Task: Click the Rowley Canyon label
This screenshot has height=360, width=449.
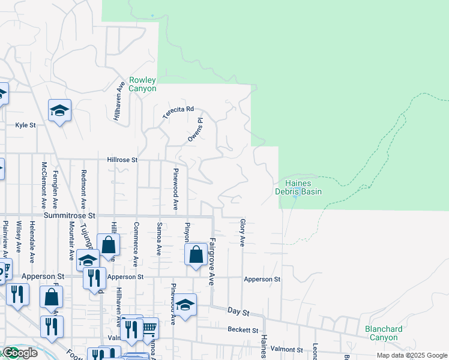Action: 142,85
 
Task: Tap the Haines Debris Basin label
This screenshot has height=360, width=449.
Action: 298,187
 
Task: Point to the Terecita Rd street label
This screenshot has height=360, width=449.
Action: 178,113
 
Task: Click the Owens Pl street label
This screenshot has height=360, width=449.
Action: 196,130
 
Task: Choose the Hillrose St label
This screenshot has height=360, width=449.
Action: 122,160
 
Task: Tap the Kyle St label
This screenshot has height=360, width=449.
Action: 26,125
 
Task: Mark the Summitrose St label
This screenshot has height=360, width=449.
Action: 69,215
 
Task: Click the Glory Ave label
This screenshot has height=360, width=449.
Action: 243,232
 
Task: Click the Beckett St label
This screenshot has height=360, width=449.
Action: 243,330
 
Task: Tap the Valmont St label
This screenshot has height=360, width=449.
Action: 286,349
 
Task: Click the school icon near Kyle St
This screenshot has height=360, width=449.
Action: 60,111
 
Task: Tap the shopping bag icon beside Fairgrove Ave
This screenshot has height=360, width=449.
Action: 196,255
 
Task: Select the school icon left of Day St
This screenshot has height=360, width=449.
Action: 185,305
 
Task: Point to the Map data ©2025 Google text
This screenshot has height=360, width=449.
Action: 411,355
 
